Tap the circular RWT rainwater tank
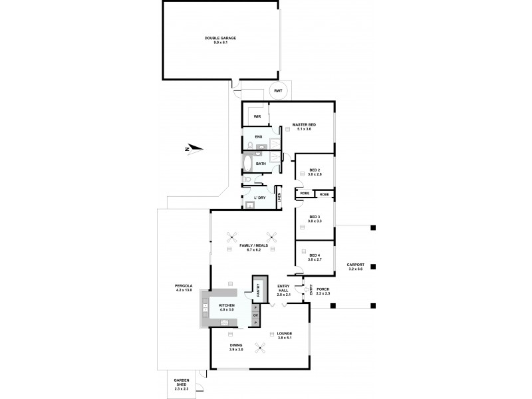[x=278, y=91]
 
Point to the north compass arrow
[x=190, y=149]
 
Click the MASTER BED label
[x=304, y=127]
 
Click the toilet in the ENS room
[x=249, y=145]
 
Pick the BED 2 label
[x=315, y=172]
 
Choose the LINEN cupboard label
[x=288, y=198]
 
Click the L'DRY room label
[x=260, y=197]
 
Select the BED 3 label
[x=315, y=219]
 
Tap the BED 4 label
[x=315, y=257]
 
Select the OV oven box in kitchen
[x=255, y=315]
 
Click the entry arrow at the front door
[x=304, y=290]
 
